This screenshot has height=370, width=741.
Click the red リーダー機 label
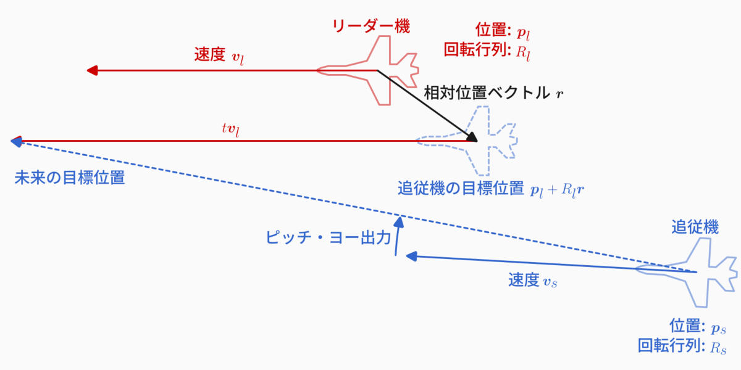(x=371, y=26)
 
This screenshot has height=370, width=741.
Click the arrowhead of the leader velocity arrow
(x=92, y=70)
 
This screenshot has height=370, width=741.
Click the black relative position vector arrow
(x=426, y=105)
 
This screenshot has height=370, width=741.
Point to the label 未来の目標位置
(x=69, y=178)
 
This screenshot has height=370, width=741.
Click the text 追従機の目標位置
(x=461, y=189)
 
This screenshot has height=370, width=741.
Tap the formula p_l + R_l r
(x=558, y=190)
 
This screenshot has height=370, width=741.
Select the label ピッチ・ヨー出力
(x=328, y=237)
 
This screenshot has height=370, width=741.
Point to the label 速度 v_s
(x=534, y=281)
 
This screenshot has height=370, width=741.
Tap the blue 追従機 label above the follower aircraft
(x=695, y=226)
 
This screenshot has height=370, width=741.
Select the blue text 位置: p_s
(x=697, y=325)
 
